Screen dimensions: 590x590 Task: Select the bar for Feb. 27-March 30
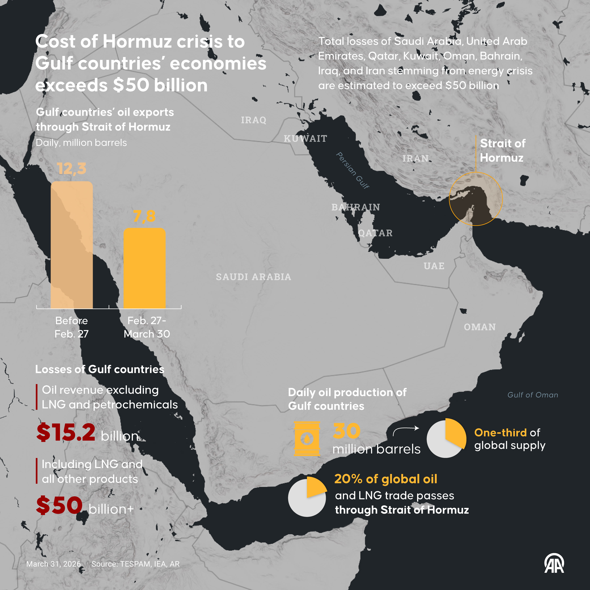[x=144, y=268]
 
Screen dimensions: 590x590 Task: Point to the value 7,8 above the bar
[x=144, y=216]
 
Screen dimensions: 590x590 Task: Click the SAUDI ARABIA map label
[x=254, y=277]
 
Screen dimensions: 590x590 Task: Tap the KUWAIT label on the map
[x=305, y=139]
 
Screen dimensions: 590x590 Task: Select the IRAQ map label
[x=254, y=120]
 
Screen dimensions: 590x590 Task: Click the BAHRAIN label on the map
[x=356, y=207]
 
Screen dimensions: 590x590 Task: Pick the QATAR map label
[x=375, y=233]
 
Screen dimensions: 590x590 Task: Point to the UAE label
[x=434, y=266]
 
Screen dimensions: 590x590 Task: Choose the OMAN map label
[x=480, y=327]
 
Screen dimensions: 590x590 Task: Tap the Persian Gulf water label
[x=353, y=170]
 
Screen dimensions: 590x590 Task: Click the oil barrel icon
[x=307, y=439]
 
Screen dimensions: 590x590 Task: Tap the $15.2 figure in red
[x=66, y=433]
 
